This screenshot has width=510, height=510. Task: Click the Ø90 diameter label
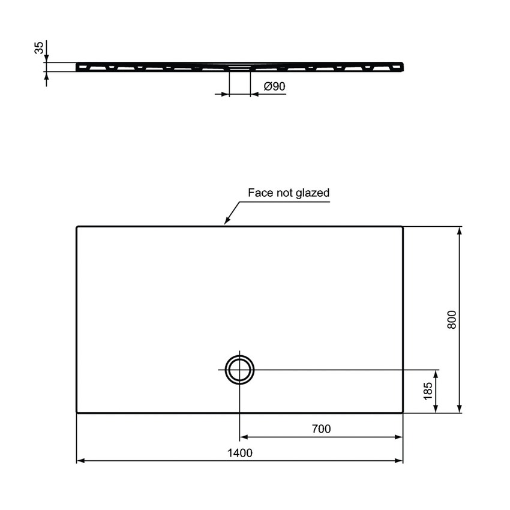pyautogui.click(x=274, y=86)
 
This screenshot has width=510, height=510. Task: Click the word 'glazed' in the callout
pyautogui.click(x=314, y=193)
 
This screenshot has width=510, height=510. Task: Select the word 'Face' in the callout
pyautogui.click(x=260, y=193)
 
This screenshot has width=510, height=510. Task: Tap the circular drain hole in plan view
pyautogui.click(x=239, y=370)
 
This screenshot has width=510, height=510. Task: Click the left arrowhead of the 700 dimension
pyautogui.click(x=243, y=437)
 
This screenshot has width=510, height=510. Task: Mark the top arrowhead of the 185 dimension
pyautogui.click(x=436, y=373)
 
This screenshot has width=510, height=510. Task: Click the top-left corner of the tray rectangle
pyautogui.click(x=77, y=227)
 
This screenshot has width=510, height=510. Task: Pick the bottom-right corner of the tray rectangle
pyautogui.click(x=403, y=412)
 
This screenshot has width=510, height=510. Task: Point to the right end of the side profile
pyautogui.click(x=401, y=66)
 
